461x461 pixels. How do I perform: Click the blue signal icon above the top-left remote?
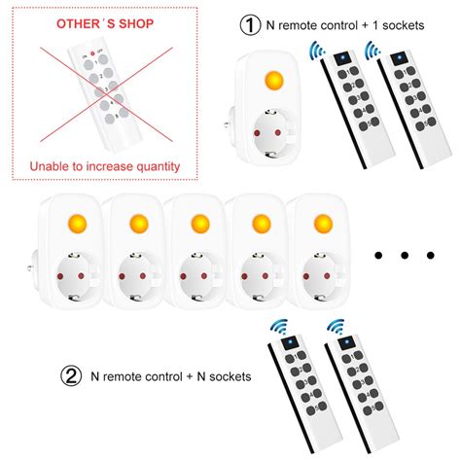tap(318, 50)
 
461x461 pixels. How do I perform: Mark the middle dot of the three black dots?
tap(402, 255)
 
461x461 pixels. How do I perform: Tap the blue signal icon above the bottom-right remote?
tap(337, 328)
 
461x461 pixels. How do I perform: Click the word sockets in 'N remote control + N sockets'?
tap(228, 375)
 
